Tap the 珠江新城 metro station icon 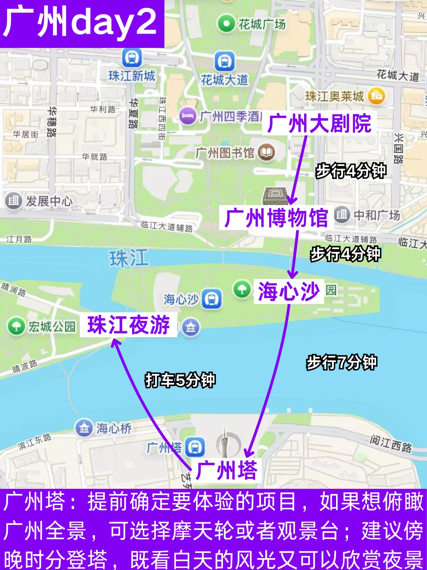pyautogui.click(x=132, y=58)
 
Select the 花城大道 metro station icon pyautogui.click(x=225, y=62)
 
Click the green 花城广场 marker pyautogui.click(x=227, y=24)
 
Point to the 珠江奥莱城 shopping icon pyautogui.click(x=376, y=96)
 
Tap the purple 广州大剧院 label pyautogui.click(x=319, y=123)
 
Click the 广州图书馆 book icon pyautogui.click(x=266, y=152)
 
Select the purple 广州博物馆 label pyautogui.click(x=276, y=218)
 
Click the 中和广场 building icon pyautogui.click(x=342, y=215)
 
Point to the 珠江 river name pyautogui.click(x=129, y=258)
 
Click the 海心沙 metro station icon pyautogui.click(x=212, y=299)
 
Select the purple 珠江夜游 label pyautogui.click(x=128, y=325)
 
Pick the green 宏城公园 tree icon pyautogui.click(x=16, y=327)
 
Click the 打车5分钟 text pyautogui.click(x=180, y=380)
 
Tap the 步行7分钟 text pyautogui.click(x=342, y=362)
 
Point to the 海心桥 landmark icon pyautogui.click(x=84, y=428)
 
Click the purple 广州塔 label pyautogui.click(x=227, y=470)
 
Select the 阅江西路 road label pyautogui.click(x=391, y=443)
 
